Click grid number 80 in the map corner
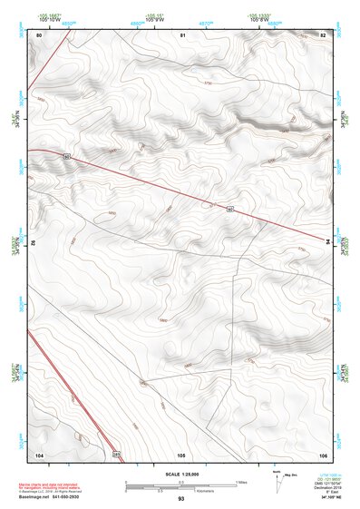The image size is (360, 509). point(39,34)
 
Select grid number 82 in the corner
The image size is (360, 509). point(323,34)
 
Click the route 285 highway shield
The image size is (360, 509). point(116,453)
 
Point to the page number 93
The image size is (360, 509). point(181,500)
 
